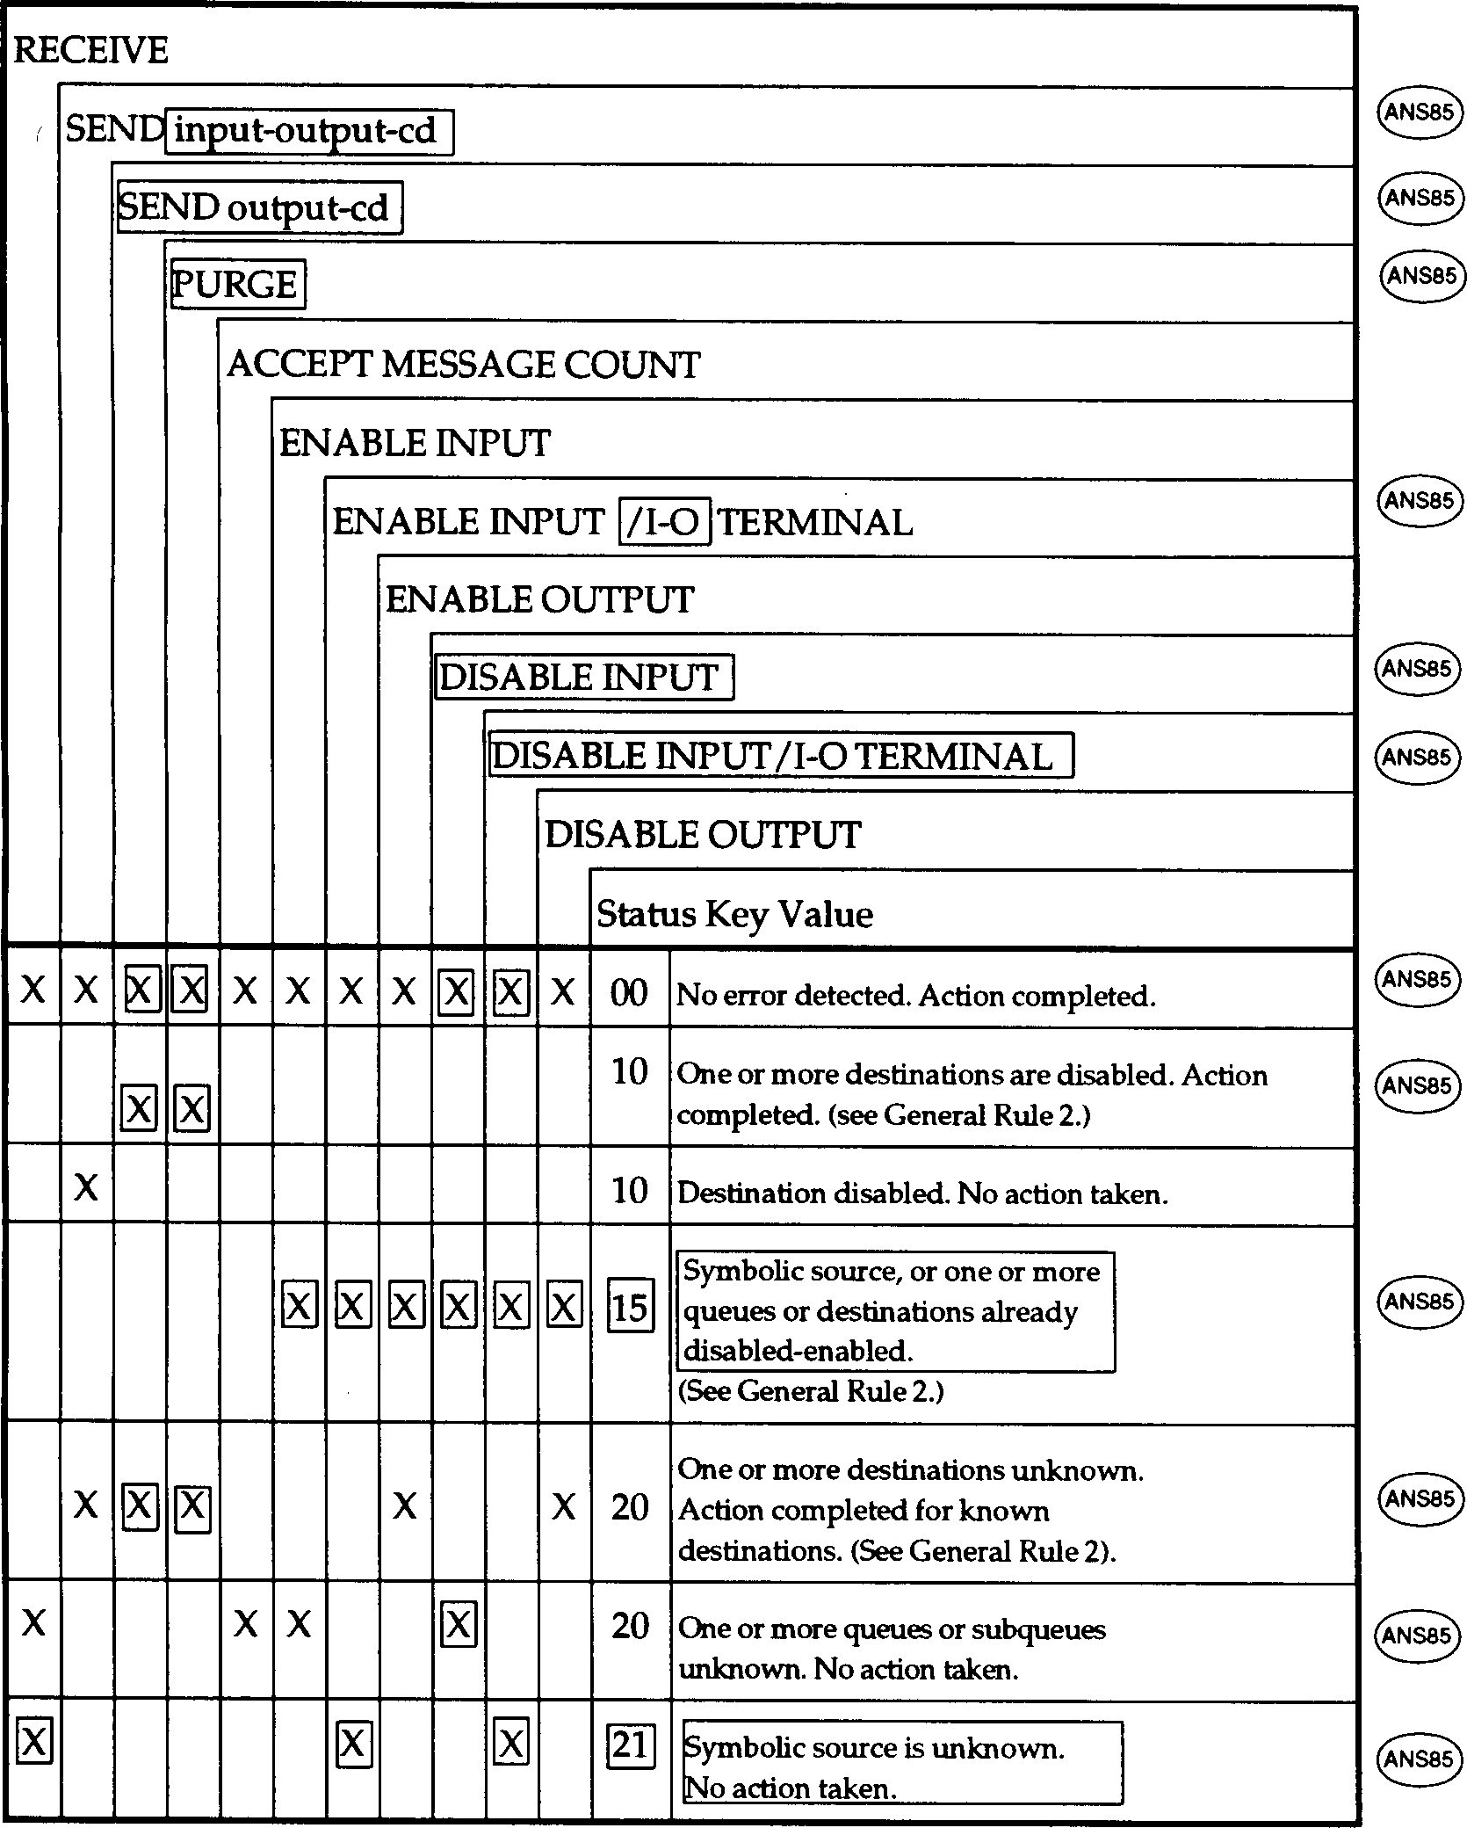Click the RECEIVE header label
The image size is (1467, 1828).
click(90, 50)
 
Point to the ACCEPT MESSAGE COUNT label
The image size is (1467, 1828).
click(463, 364)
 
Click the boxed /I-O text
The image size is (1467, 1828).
click(664, 522)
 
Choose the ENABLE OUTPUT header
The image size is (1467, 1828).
click(539, 599)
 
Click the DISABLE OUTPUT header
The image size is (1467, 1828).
click(702, 834)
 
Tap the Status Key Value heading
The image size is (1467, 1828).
click(734, 914)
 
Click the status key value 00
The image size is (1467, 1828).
click(629, 993)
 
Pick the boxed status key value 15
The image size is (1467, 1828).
click(631, 1308)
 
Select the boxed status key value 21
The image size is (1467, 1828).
click(631, 1745)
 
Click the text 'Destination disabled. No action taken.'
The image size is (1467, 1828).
click(922, 1193)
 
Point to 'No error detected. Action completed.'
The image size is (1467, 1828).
click(915, 996)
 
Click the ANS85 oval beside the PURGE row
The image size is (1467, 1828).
click(1420, 276)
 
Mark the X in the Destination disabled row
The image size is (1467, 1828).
click(86, 1188)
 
